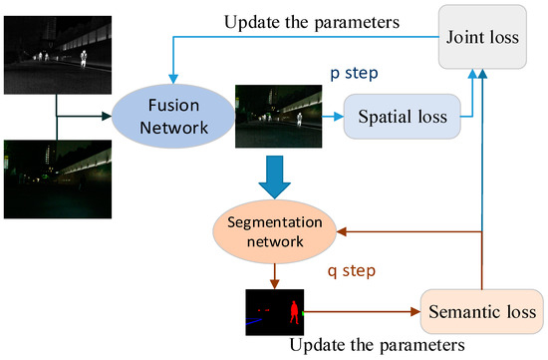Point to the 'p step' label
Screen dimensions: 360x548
[354, 74]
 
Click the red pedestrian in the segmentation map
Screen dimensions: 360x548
[294, 311]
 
